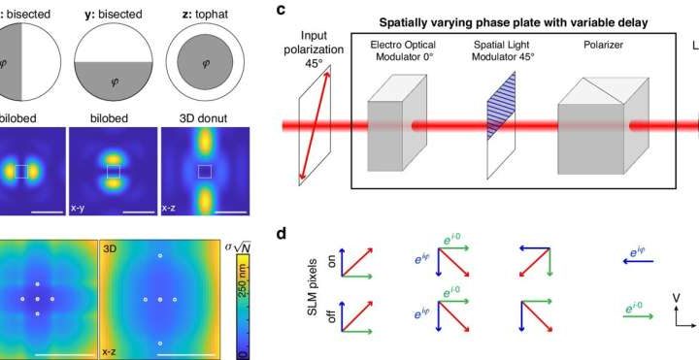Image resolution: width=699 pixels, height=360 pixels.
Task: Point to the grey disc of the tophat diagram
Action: pyautogui.click(x=202, y=64)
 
